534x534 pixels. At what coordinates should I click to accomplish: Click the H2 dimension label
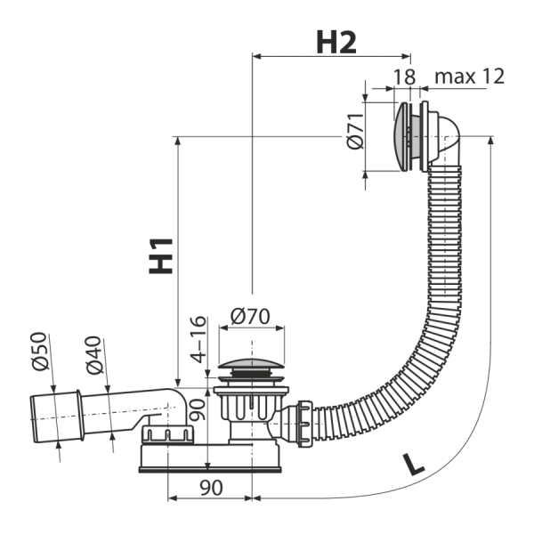(x=336, y=43)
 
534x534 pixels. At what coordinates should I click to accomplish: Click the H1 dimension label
(x=161, y=256)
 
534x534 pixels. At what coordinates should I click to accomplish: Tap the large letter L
(x=413, y=464)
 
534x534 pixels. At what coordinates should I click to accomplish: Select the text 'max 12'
(x=469, y=77)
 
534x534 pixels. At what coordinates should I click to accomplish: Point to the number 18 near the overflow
(x=405, y=77)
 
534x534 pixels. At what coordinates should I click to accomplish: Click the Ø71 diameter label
(x=355, y=131)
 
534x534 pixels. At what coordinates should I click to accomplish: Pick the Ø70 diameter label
(x=250, y=316)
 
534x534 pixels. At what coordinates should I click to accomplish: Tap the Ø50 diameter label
(x=39, y=352)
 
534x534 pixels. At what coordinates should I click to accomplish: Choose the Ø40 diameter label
(x=93, y=355)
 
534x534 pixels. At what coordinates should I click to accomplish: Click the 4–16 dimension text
(x=198, y=340)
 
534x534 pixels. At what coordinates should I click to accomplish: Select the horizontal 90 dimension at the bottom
(x=211, y=488)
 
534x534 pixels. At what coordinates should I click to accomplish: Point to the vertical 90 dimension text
(x=197, y=409)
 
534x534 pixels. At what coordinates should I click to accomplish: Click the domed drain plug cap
(x=251, y=363)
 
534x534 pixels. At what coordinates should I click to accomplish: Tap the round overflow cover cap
(x=400, y=136)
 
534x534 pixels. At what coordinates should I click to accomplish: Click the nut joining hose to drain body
(x=304, y=424)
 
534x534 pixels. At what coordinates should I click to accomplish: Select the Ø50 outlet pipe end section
(x=57, y=417)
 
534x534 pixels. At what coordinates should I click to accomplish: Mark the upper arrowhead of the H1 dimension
(x=177, y=141)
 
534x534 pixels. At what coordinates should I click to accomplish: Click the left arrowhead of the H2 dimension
(x=256, y=57)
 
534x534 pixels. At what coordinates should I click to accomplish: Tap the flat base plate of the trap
(x=210, y=470)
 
